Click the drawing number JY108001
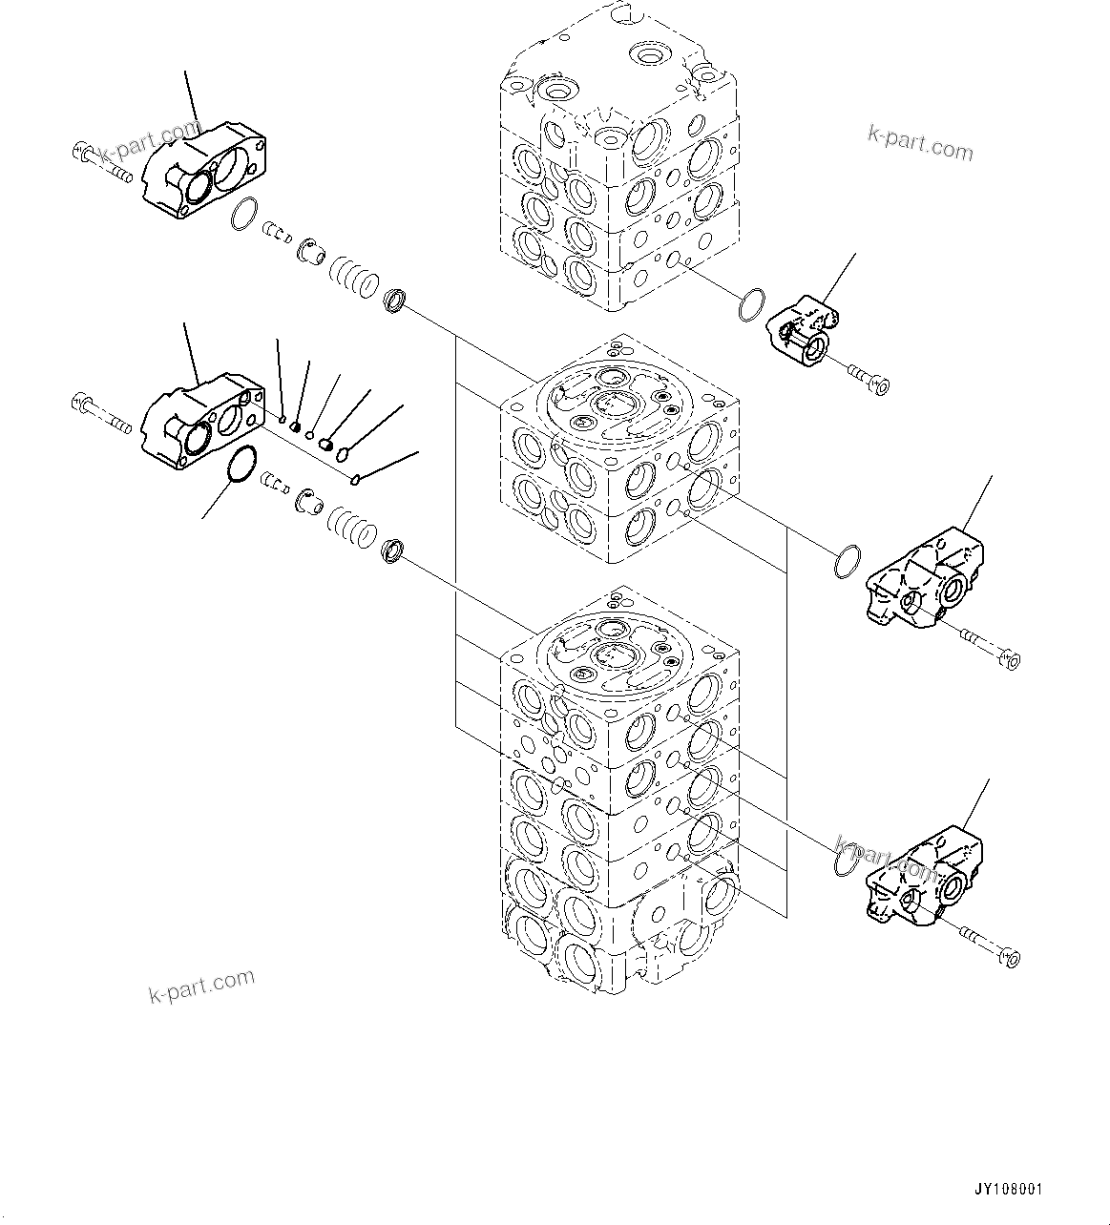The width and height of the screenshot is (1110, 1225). click(1008, 1190)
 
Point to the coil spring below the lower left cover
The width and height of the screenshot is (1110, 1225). click(352, 527)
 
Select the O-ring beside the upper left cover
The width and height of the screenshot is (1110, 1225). click(245, 215)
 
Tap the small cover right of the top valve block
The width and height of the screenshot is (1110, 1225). click(801, 327)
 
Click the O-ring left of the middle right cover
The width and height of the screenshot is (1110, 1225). click(847, 563)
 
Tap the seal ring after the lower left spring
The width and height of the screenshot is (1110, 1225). click(393, 550)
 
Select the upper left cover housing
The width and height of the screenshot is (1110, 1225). click(204, 170)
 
